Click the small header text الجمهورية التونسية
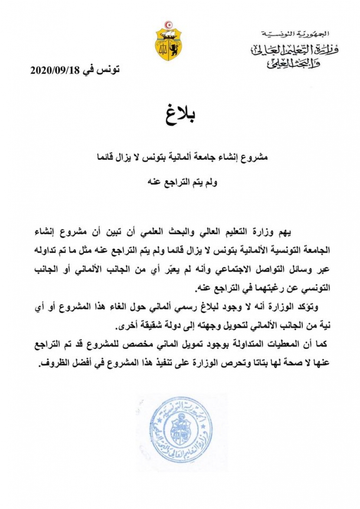pyautogui.click(x=296, y=33)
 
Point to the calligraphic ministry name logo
pyautogui.click(x=295, y=55)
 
